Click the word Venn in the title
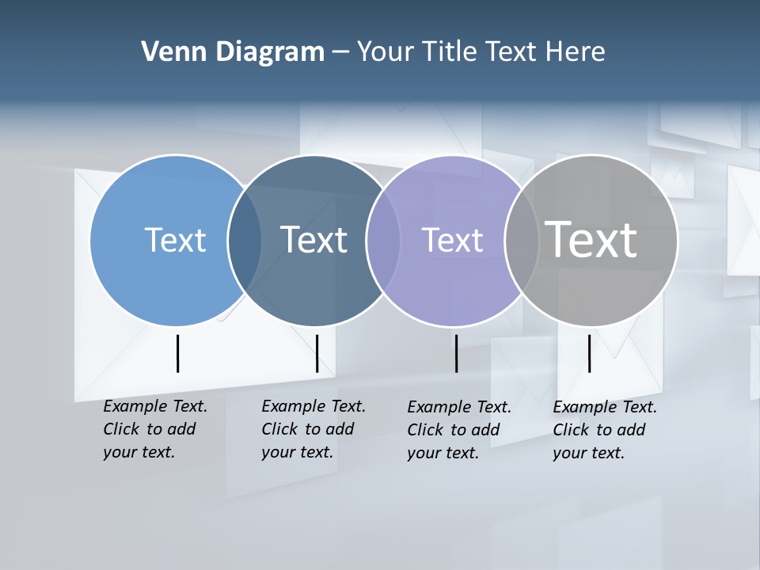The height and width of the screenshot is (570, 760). (x=168, y=52)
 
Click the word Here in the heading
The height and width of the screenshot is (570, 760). (x=576, y=52)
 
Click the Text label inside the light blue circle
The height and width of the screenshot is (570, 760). (x=175, y=240)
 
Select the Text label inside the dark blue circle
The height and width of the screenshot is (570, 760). (x=313, y=240)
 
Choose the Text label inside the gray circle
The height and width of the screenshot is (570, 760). (x=591, y=239)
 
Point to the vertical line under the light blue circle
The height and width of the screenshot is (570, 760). (x=178, y=353)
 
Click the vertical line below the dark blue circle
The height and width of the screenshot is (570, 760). (x=317, y=353)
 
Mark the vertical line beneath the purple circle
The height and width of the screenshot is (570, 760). (x=456, y=353)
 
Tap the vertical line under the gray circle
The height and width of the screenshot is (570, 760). (x=589, y=353)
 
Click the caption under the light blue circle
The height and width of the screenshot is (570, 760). (x=155, y=429)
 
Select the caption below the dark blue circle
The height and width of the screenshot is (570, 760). (x=313, y=429)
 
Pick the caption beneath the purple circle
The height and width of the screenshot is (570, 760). (x=459, y=430)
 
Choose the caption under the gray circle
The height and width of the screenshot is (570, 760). (x=605, y=430)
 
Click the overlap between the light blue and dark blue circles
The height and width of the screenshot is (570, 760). (x=245, y=241)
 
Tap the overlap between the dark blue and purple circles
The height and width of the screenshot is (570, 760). (x=383, y=241)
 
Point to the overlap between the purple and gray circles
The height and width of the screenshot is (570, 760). (x=522, y=241)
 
